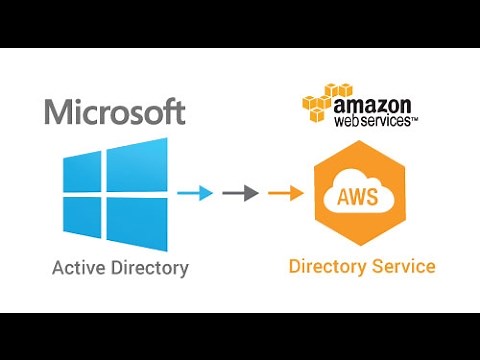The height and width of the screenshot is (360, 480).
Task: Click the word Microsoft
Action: pyautogui.click(x=114, y=110)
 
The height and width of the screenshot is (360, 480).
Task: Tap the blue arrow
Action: pyautogui.click(x=195, y=193)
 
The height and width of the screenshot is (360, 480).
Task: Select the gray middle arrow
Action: pyautogui.click(x=239, y=193)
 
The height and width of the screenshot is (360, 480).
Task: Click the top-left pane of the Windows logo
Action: pyautogui.click(x=81, y=176)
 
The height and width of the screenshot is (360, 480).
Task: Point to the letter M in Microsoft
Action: pyautogui.click(x=59, y=110)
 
